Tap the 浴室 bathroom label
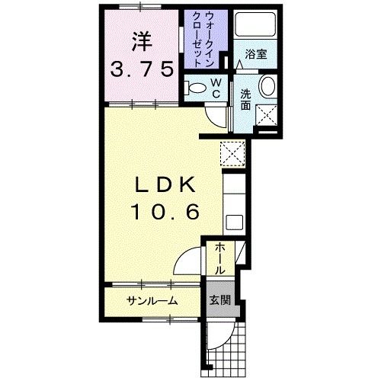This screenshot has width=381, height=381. click(255, 55)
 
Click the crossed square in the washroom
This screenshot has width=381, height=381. click(267, 115)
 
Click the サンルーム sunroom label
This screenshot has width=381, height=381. click(152, 300)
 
